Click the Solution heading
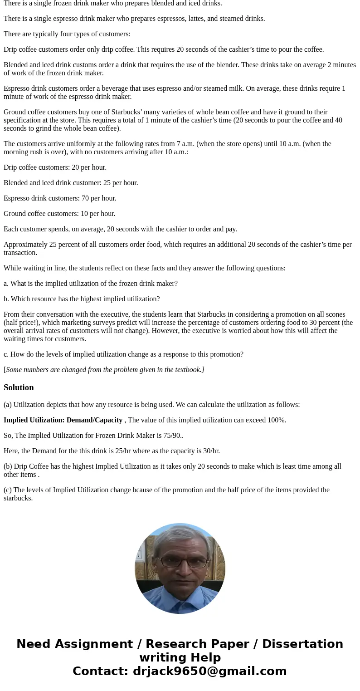19,387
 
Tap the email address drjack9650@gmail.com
209,671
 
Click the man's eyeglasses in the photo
180,561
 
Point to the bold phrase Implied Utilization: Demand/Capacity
63,420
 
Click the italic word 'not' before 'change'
118,331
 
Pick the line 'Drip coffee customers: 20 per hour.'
55,167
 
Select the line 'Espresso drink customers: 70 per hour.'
60,198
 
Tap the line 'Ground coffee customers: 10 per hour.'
59,214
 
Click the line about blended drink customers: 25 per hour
71,183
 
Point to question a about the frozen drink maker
91,284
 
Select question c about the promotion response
123,354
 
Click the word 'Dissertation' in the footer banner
302,644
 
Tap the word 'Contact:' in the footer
100,671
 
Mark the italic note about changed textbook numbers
105,370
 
